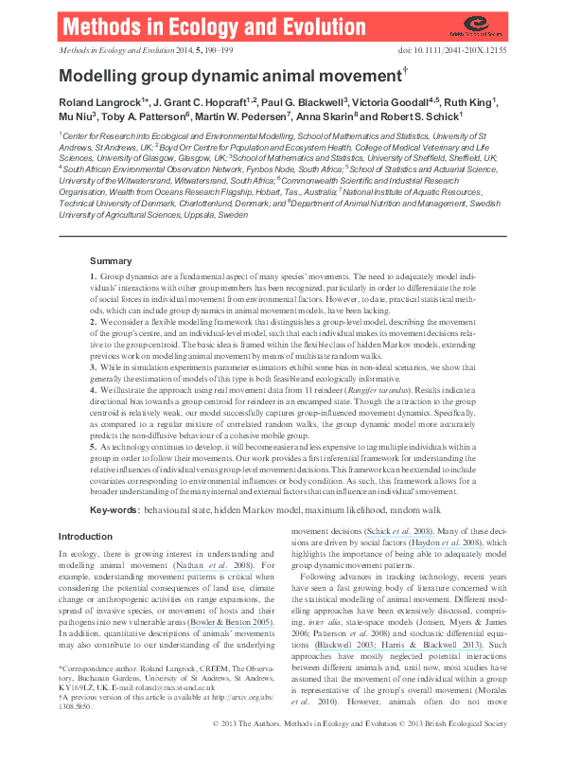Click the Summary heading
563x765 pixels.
pyautogui.click(x=111, y=260)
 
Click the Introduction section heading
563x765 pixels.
pyautogui.click(x=85, y=537)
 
